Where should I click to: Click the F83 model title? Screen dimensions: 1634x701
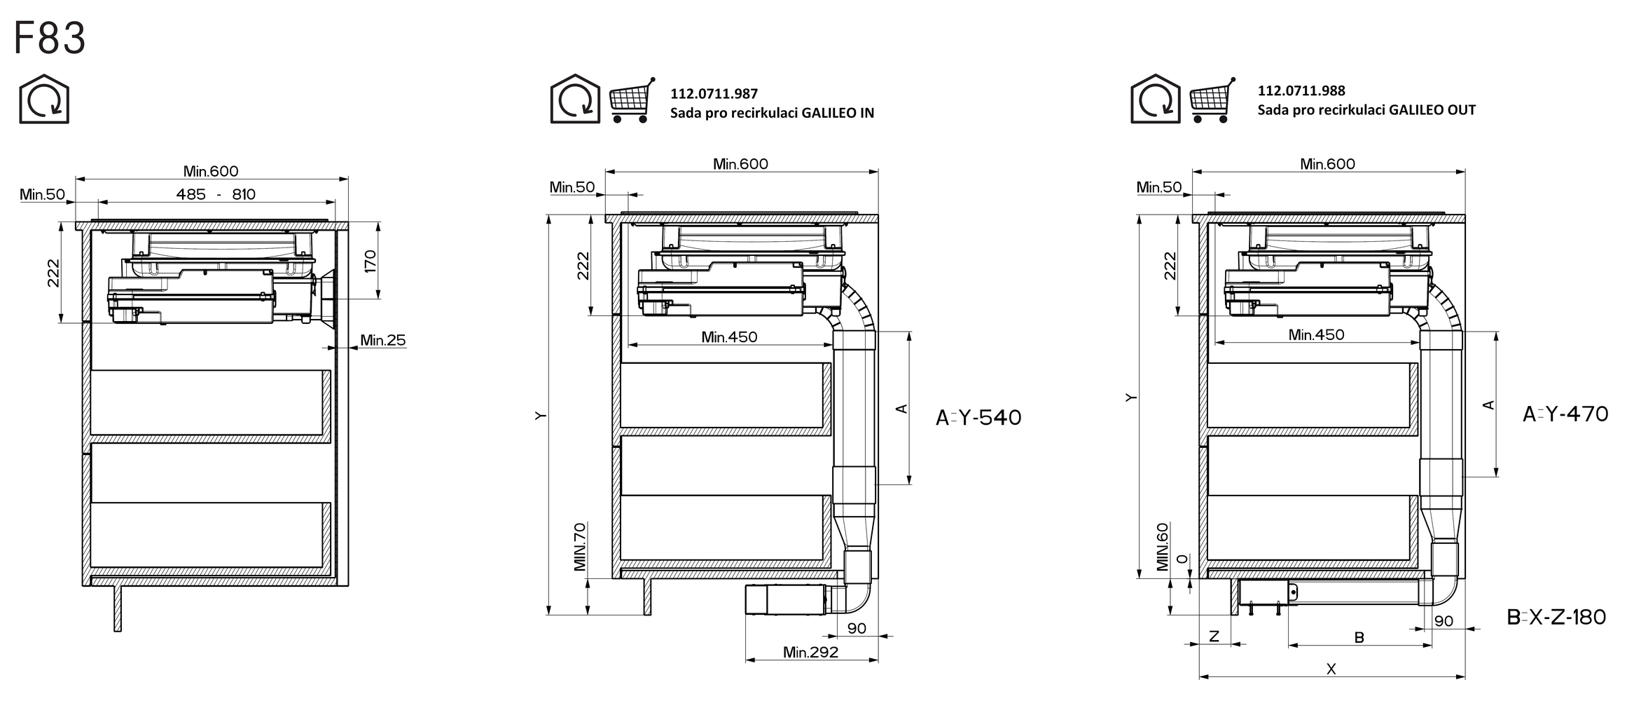click(50, 38)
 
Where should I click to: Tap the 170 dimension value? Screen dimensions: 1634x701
click(371, 261)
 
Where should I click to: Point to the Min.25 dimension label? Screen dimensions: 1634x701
click(383, 341)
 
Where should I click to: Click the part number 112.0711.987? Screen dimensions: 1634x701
click(714, 94)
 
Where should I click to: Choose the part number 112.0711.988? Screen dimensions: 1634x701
click(1301, 90)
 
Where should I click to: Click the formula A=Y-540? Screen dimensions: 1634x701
click(978, 418)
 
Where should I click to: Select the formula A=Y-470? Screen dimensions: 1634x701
click(1565, 414)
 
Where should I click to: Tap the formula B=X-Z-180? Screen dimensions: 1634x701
click(1556, 617)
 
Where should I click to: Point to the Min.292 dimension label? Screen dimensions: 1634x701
click(810, 652)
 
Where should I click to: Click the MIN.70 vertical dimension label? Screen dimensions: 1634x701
click(580, 547)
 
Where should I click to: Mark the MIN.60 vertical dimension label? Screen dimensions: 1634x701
click(1163, 547)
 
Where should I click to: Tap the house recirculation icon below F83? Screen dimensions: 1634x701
click(43, 99)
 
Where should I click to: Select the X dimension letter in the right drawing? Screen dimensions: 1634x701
click(1331, 669)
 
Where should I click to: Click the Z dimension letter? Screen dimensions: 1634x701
click(1214, 637)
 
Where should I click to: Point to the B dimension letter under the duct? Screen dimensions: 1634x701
click(1359, 638)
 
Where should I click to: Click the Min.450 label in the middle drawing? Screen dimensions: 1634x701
click(729, 337)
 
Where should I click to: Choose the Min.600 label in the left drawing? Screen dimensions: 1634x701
click(211, 171)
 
